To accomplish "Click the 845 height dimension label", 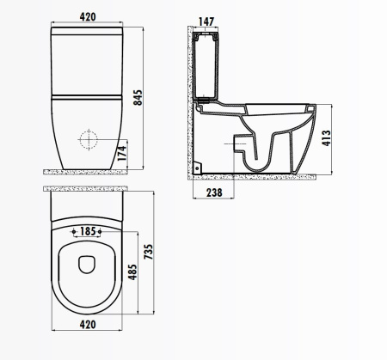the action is click(138, 98).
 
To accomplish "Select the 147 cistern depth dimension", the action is click(206, 21).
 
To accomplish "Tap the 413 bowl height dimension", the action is click(327, 138).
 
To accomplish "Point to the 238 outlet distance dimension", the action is click(214, 192).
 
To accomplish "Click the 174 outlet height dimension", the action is click(122, 153).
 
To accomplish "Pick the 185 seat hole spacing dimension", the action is click(88, 231).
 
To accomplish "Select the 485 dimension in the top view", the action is click(132, 272).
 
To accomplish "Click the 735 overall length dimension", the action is click(149, 252).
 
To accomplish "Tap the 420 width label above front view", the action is click(88, 17).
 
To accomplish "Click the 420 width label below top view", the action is click(88, 325).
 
